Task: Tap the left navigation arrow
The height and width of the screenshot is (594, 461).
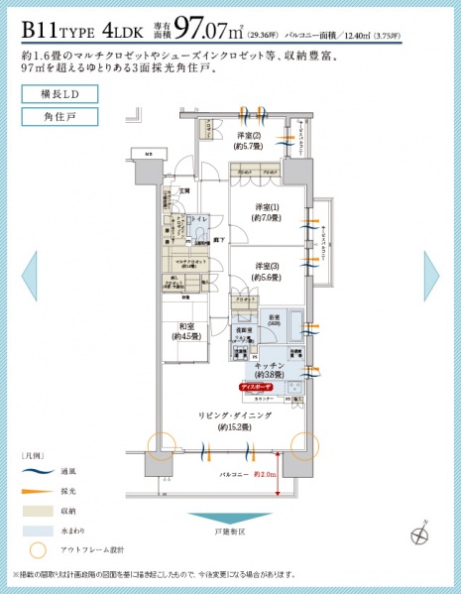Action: tap(28, 276)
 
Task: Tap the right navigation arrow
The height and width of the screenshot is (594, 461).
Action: tap(432, 276)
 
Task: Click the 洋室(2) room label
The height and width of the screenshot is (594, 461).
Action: tap(248, 141)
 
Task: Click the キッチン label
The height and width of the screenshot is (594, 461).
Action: tap(271, 370)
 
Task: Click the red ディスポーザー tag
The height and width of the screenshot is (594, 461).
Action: tap(258, 386)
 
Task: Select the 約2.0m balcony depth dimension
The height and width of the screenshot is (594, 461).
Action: tap(264, 474)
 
